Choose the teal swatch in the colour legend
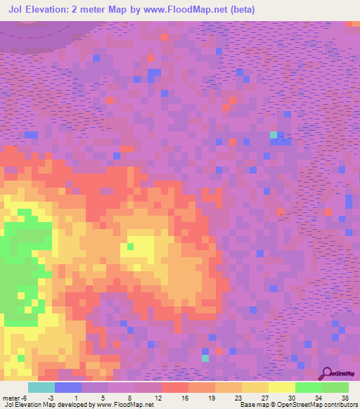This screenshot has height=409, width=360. tap(41, 387)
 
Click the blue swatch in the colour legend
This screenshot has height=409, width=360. tap(68, 387)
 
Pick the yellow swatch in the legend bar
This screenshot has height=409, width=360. tap(282, 387)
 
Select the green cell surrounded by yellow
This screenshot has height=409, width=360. tap(130, 246)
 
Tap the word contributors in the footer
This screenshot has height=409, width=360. tap(338, 405)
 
